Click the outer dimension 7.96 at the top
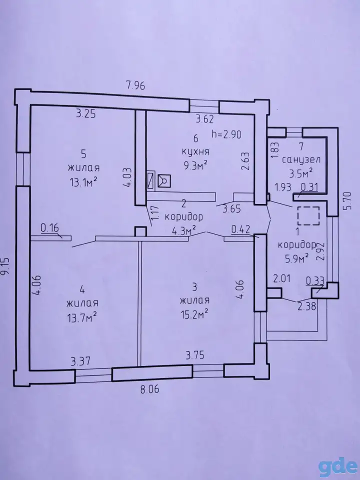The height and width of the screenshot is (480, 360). [x=135, y=85]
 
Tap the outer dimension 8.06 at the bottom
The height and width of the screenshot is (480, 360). [x=149, y=389]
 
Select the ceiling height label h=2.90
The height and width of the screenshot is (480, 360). [x=226, y=134]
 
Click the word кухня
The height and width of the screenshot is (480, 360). [x=195, y=152]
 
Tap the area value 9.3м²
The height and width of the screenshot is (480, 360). [x=195, y=165]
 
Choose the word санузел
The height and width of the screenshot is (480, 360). [x=301, y=160]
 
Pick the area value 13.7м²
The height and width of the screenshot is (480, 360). [x=82, y=317]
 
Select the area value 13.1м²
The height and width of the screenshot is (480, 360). [x=83, y=182]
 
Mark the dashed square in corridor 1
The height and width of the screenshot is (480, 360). [x=308, y=216]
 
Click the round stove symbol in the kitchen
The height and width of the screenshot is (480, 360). [x=164, y=180]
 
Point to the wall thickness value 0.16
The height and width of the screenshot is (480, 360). [x=49, y=228]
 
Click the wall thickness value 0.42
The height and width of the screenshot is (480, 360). [x=241, y=229]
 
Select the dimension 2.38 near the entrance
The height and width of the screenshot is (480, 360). [x=306, y=306]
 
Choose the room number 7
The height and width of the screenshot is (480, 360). [x=301, y=146]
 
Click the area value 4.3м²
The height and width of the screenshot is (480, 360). [x=183, y=230]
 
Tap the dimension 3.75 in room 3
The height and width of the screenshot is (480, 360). [x=195, y=355]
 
